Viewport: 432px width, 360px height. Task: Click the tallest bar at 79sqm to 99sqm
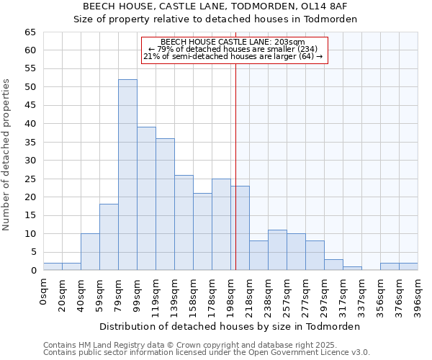(x=127, y=175)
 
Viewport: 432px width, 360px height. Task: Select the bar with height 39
(x=146, y=199)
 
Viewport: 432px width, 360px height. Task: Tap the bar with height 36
(x=165, y=204)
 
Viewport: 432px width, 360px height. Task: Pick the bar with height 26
(x=184, y=222)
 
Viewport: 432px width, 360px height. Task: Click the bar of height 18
(x=109, y=238)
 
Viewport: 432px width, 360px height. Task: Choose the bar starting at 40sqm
(x=90, y=252)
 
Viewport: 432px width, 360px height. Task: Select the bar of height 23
(x=240, y=228)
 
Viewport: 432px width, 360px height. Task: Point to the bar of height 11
(x=277, y=250)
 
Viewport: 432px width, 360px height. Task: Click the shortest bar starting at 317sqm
(x=352, y=269)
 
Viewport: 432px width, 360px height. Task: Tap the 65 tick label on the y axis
(x=30, y=32)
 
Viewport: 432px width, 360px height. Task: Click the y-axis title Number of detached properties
(x=7, y=155)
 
